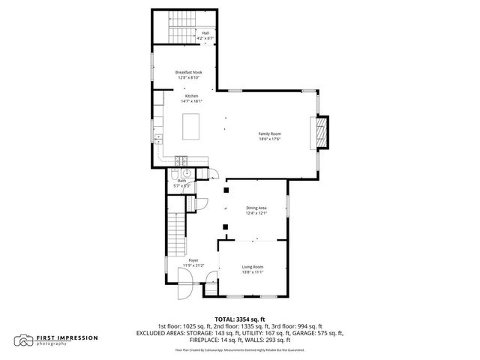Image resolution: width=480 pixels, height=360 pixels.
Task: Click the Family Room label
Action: [269, 133]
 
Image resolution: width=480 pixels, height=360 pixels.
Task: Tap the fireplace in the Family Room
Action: [320, 133]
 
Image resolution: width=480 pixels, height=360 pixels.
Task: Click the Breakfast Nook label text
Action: [189, 72]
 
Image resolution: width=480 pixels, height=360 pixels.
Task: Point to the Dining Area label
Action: [256, 208]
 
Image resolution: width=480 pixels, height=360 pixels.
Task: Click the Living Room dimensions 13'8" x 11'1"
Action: [252, 272]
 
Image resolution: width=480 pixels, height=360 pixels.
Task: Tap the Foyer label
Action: [193, 260]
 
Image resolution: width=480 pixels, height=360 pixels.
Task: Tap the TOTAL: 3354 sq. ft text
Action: [240, 319]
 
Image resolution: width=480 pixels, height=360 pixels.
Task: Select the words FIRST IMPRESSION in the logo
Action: [67, 337]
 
